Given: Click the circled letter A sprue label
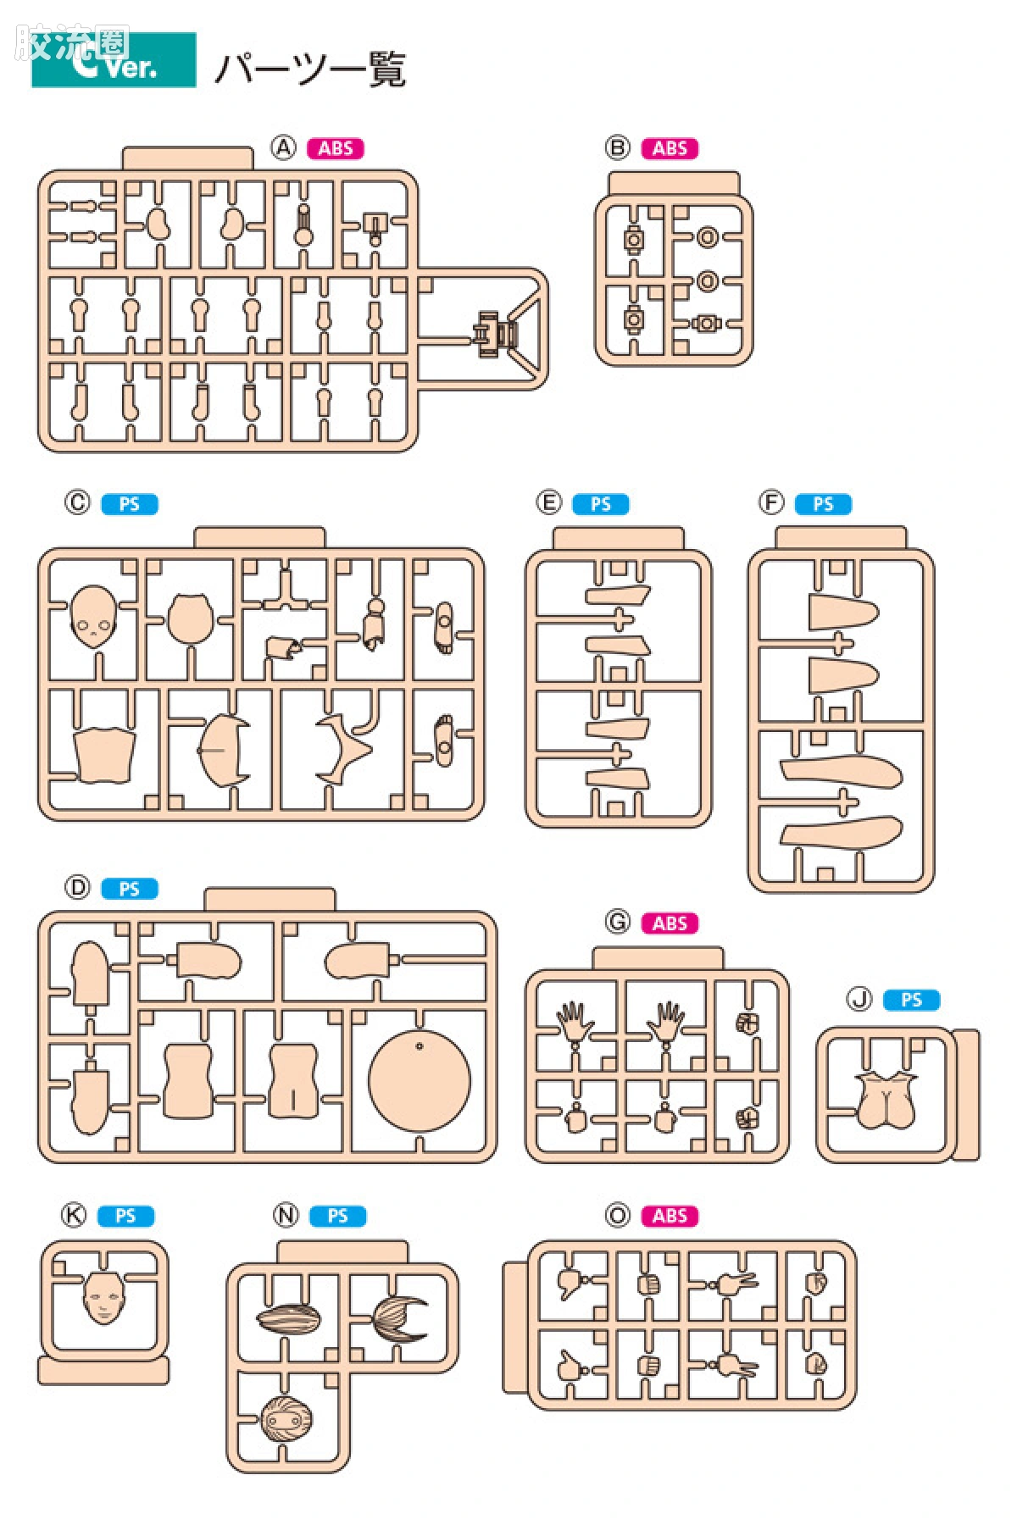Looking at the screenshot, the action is tap(283, 148).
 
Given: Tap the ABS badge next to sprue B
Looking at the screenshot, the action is tap(670, 148).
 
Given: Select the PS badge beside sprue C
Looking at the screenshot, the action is tap(130, 504).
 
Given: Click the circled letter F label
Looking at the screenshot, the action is tap(770, 503).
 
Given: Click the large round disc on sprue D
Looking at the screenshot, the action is tap(420, 1079).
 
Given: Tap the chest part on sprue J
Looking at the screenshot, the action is tap(886, 1101).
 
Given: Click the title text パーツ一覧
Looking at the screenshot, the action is tap(310, 69).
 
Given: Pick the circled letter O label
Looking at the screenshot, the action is tap(618, 1216).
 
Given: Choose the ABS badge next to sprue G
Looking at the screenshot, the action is tap(670, 923).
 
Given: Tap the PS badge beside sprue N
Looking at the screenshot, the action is tap(337, 1216).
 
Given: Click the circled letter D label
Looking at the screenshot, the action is tap(77, 888).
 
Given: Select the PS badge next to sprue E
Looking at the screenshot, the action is tap(601, 504).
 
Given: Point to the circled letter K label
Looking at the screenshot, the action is tap(74, 1216).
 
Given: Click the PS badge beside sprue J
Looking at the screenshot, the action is tap(911, 1000).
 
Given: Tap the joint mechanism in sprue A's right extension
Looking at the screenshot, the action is tap(495, 331).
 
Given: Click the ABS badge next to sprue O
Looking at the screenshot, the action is tap(670, 1216).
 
